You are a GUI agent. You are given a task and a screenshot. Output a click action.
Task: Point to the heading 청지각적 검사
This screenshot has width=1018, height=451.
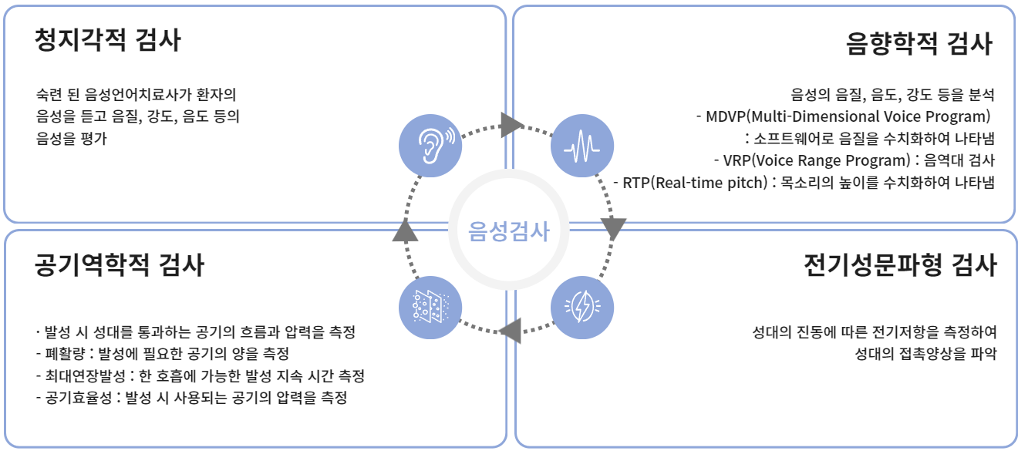[x=107, y=40]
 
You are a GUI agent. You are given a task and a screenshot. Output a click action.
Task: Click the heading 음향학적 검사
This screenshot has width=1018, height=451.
[x=918, y=44]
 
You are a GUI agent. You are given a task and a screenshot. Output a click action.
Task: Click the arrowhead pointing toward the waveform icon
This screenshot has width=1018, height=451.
[x=512, y=124]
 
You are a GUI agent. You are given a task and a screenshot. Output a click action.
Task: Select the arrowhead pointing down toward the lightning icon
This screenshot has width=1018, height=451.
[x=613, y=229]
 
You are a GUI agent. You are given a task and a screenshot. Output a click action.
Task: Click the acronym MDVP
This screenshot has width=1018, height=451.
[x=724, y=117]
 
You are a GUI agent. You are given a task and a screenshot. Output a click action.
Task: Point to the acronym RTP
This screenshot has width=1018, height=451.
[x=637, y=183]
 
